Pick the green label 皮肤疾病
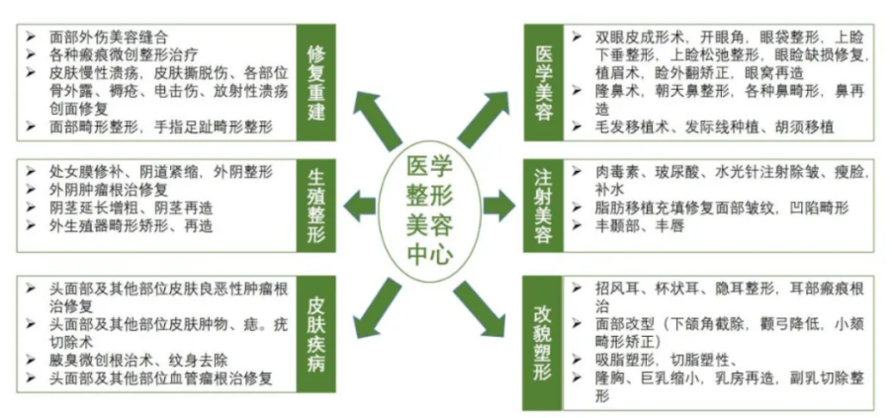coord(317,335)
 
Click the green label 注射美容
coord(543,206)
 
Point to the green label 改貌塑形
coord(543,341)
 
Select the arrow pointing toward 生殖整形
coord(359,206)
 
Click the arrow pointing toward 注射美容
coord(500,206)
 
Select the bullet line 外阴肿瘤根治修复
coord(110,188)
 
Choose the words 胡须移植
coord(807,126)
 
